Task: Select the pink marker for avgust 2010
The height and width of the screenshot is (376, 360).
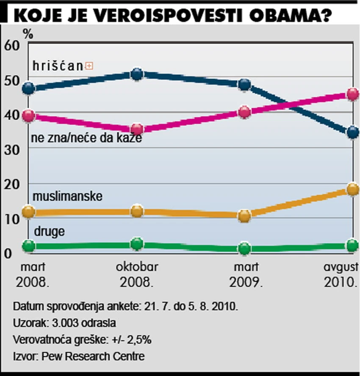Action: click(x=352, y=94)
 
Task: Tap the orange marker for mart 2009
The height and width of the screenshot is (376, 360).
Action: click(x=244, y=216)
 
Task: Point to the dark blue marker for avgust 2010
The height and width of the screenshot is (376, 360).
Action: click(x=352, y=133)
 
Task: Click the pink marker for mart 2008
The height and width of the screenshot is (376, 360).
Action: click(x=28, y=116)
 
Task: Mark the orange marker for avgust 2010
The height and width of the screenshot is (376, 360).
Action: click(x=352, y=189)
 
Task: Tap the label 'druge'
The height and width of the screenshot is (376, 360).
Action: click(x=49, y=231)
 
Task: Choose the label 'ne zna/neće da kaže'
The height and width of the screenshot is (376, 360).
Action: click(x=86, y=138)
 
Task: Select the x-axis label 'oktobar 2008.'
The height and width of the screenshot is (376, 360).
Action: click(x=137, y=274)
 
